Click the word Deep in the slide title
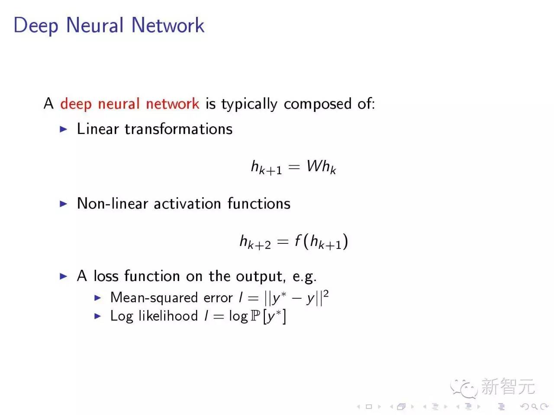click(35, 26)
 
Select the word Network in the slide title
click(167, 25)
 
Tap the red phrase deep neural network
click(129, 104)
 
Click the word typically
click(249, 104)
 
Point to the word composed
click(318, 104)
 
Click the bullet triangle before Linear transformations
click(64, 129)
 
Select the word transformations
click(178, 129)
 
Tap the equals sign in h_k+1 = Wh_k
click(294, 167)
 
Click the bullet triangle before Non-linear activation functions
click(64, 204)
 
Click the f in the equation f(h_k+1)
click(298, 240)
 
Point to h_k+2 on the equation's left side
click(255, 242)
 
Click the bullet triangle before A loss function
click(64, 276)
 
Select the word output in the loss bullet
click(260, 276)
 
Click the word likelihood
click(168, 316)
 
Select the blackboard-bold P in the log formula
click(255, 316)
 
